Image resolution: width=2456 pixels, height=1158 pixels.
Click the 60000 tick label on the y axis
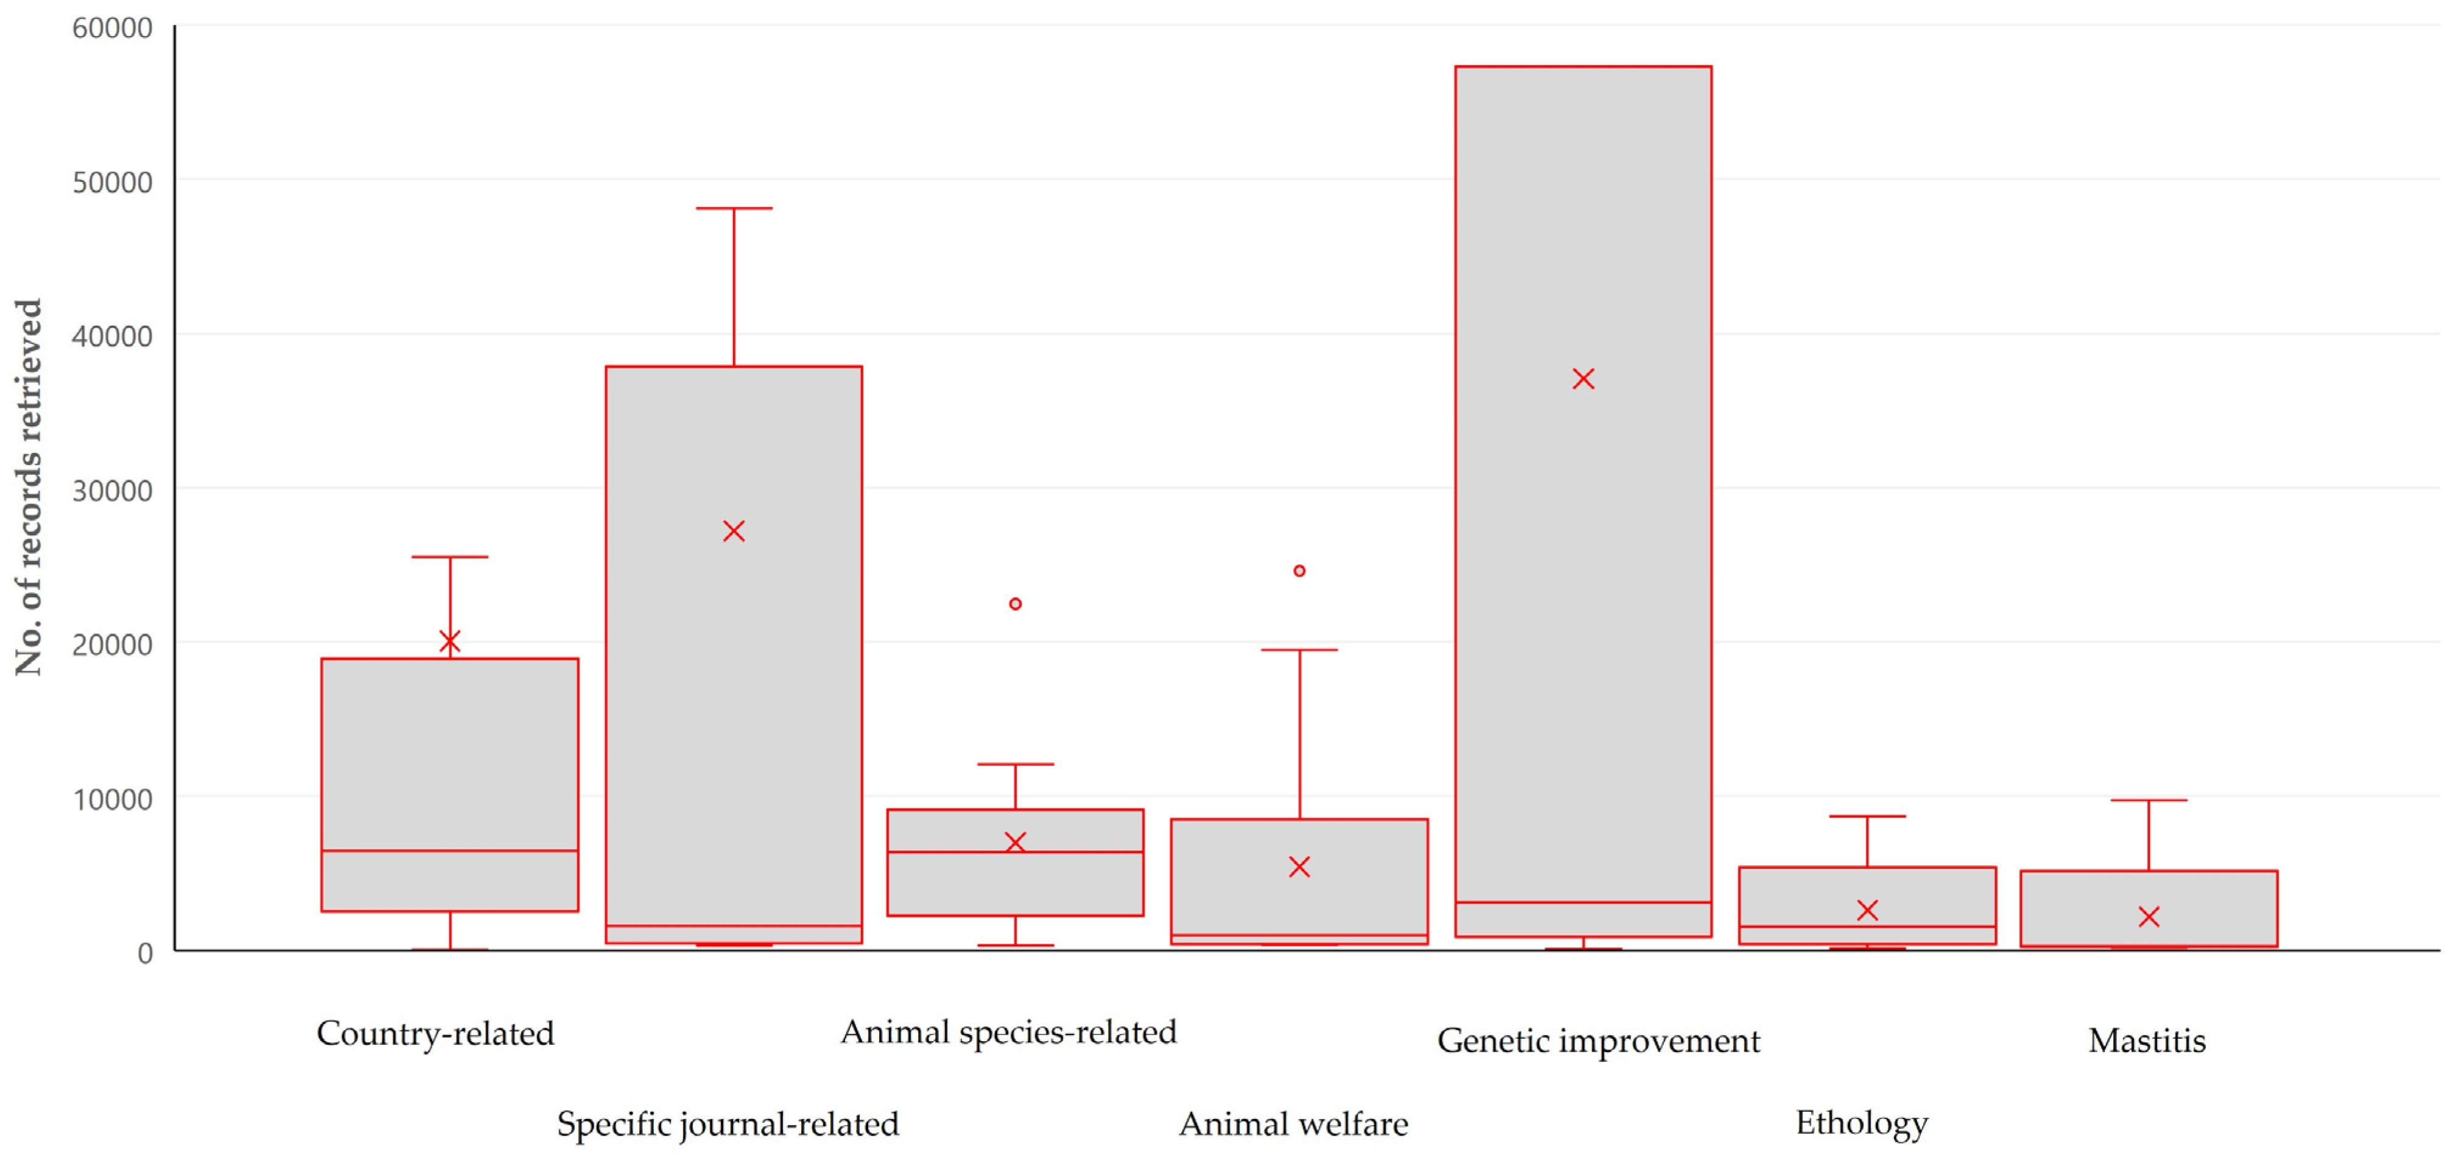[x=113, y=29]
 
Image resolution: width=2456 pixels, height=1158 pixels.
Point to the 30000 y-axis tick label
[x=113, y=491]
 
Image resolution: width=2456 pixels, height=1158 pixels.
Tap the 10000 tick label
[x=113, y=799]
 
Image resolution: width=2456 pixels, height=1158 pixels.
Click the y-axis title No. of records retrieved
[x=29, y=487]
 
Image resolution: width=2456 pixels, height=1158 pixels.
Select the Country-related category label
[x=435, y=1034]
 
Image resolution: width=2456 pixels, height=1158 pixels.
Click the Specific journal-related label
[x=728, y=1125]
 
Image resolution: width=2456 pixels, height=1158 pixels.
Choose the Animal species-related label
[x=1008, y=1032]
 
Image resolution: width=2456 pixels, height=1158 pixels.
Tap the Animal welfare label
[x=1293, y=1125]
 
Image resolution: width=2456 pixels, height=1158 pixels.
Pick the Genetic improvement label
[x=1598, y=1040]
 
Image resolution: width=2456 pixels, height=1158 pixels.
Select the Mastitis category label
[x=2146, y=1040]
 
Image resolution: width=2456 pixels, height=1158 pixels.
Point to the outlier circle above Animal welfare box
[x=1299, y=571]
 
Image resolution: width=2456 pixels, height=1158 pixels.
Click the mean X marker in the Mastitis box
[x=2148, y=917]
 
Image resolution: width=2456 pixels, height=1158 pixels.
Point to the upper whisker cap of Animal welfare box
[x=1299, y=650]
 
